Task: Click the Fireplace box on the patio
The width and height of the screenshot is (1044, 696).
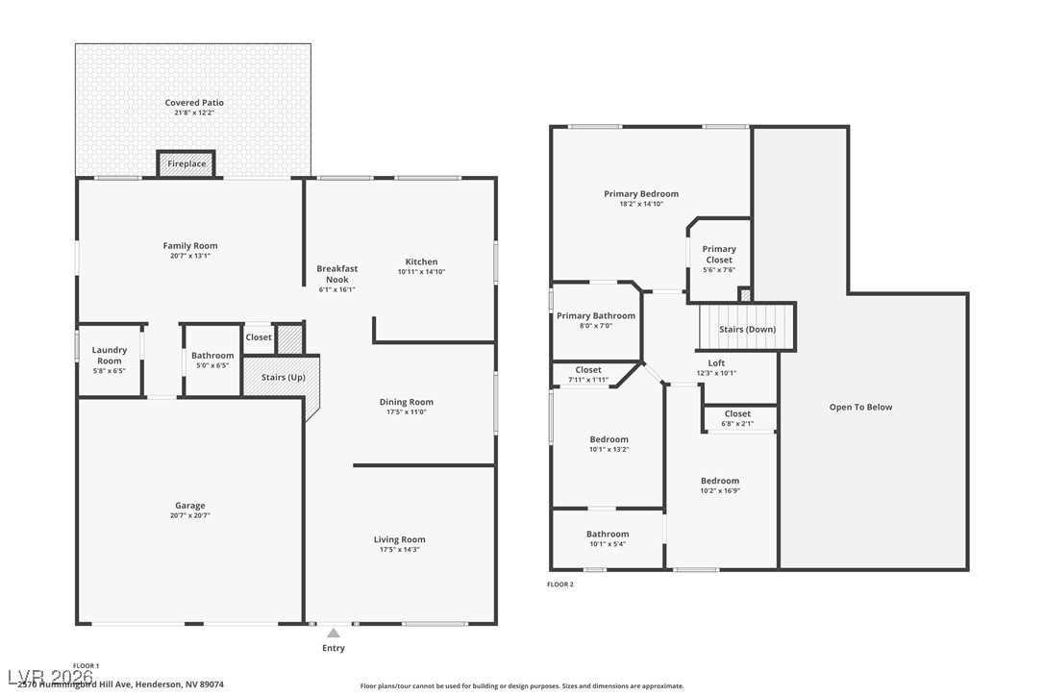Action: [x=186, y=163]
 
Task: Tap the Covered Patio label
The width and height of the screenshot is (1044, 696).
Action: [x=194, y=103]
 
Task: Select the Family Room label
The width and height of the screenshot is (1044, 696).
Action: [x=190, y=246]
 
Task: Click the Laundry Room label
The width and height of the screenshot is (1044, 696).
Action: [x=110, y=356]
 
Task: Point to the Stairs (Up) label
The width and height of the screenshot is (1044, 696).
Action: [x=284, y=377]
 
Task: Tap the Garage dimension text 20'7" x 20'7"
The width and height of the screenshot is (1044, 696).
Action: [x=190, y=516]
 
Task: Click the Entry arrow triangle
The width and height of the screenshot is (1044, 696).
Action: [x=334, y=634]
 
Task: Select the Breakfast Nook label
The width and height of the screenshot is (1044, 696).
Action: [x=336, y=274]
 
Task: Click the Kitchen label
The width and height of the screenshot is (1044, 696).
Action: [x=421, y=261]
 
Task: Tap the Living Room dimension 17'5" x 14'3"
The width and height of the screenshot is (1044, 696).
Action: [x=399, y=550]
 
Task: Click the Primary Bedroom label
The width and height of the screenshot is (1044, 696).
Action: [x=641, y=194]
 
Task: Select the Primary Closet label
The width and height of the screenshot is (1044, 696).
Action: [x=719, y=255]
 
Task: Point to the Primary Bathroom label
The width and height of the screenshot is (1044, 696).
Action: [x=596, y=316]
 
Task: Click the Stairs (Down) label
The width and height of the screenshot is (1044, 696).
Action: [x=748, y=330]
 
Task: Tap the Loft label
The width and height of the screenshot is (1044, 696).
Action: [x=716, y=362]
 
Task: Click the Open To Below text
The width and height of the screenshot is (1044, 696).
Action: [x=860, y=408]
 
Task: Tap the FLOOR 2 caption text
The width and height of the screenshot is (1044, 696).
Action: [x=560, y=584]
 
